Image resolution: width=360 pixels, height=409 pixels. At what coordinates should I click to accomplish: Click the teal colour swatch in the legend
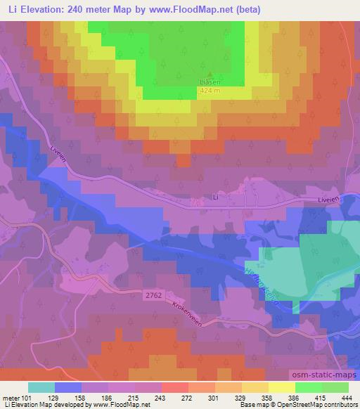point(41,387)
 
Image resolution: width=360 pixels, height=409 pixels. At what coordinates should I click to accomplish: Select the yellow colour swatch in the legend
point(282,387)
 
